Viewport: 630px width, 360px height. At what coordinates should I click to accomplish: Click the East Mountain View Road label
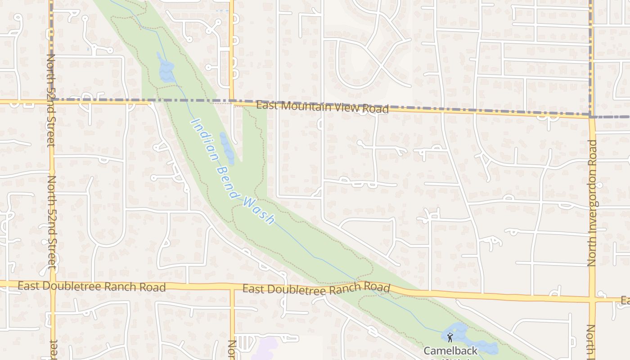(x=322, y=107)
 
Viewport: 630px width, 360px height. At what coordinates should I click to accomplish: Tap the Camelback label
(x=450, y=350)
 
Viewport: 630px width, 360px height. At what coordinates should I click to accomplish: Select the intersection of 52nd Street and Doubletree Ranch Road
(x=53, y=284)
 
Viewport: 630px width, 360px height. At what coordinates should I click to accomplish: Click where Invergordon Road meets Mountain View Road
(x=591, y=117)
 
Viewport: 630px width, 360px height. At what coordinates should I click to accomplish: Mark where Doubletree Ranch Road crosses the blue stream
(x=370, y=287)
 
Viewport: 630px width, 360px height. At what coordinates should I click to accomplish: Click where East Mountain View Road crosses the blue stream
(x=185, y=102)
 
